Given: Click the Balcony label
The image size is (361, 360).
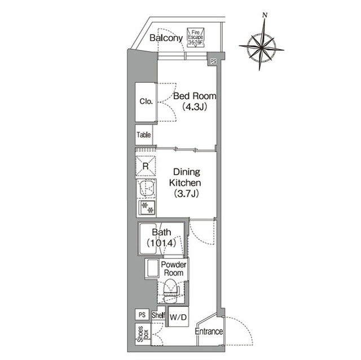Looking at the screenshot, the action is (x=166, y=38).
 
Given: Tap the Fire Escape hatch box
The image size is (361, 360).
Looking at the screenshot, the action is (x=196, y=38).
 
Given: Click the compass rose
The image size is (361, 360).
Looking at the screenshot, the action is (x=261, y=48).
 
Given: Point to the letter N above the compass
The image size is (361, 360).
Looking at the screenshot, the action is (x=265, y=15).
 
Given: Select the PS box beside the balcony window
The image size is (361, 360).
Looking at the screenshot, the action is (x=213, y=61).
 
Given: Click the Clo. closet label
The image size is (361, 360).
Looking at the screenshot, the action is (x=146, y=101).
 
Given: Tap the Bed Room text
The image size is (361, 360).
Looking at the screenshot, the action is (x=195, y=96).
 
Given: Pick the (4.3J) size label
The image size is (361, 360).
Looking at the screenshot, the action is (x=195, y=107).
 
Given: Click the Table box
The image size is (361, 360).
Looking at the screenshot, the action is (x=144, y=135).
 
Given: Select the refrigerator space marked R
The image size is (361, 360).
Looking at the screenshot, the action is (x=146, y=166).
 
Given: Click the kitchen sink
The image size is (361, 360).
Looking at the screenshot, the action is (x=147, y=189).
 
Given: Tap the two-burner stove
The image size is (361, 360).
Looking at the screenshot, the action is (x=147, y=207).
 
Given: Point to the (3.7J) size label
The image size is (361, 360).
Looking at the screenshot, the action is (x=186, y=193).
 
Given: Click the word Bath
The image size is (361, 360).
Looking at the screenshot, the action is (x=161, y=232).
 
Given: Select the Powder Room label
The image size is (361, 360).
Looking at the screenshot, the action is (x=174, y=269).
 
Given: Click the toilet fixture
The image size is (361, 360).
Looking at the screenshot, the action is (x=171, y=291).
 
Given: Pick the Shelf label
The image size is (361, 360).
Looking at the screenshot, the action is (x=159, y=315).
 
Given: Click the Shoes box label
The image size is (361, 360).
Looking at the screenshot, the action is (x=143, y=334).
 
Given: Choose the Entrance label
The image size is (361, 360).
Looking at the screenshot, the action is (x=209, y=331).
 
